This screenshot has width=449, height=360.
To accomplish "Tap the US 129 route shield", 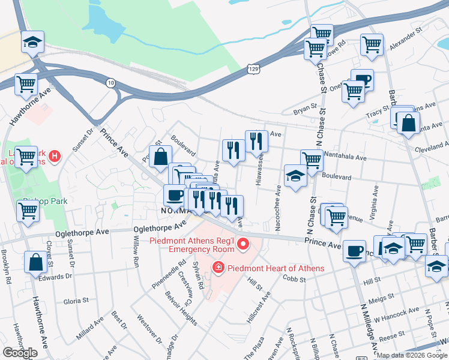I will pyautogui.click(x=255, y=70).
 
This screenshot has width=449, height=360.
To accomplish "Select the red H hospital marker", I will pyautogui.click(x=55, y=157).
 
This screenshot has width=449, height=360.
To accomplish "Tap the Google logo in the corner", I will pyautogui.click(x=20, y=353).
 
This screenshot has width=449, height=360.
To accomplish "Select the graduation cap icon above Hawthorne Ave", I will pyautogui.click(x=32, y=42).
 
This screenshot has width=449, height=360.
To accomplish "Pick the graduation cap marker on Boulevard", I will pyautogui.click(x=295, y=176).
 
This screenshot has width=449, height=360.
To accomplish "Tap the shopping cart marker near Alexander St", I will pyautogui.click(x=372, y=44).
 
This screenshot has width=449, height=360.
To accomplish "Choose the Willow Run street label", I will pyautogui.click(x=136, y=254).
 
